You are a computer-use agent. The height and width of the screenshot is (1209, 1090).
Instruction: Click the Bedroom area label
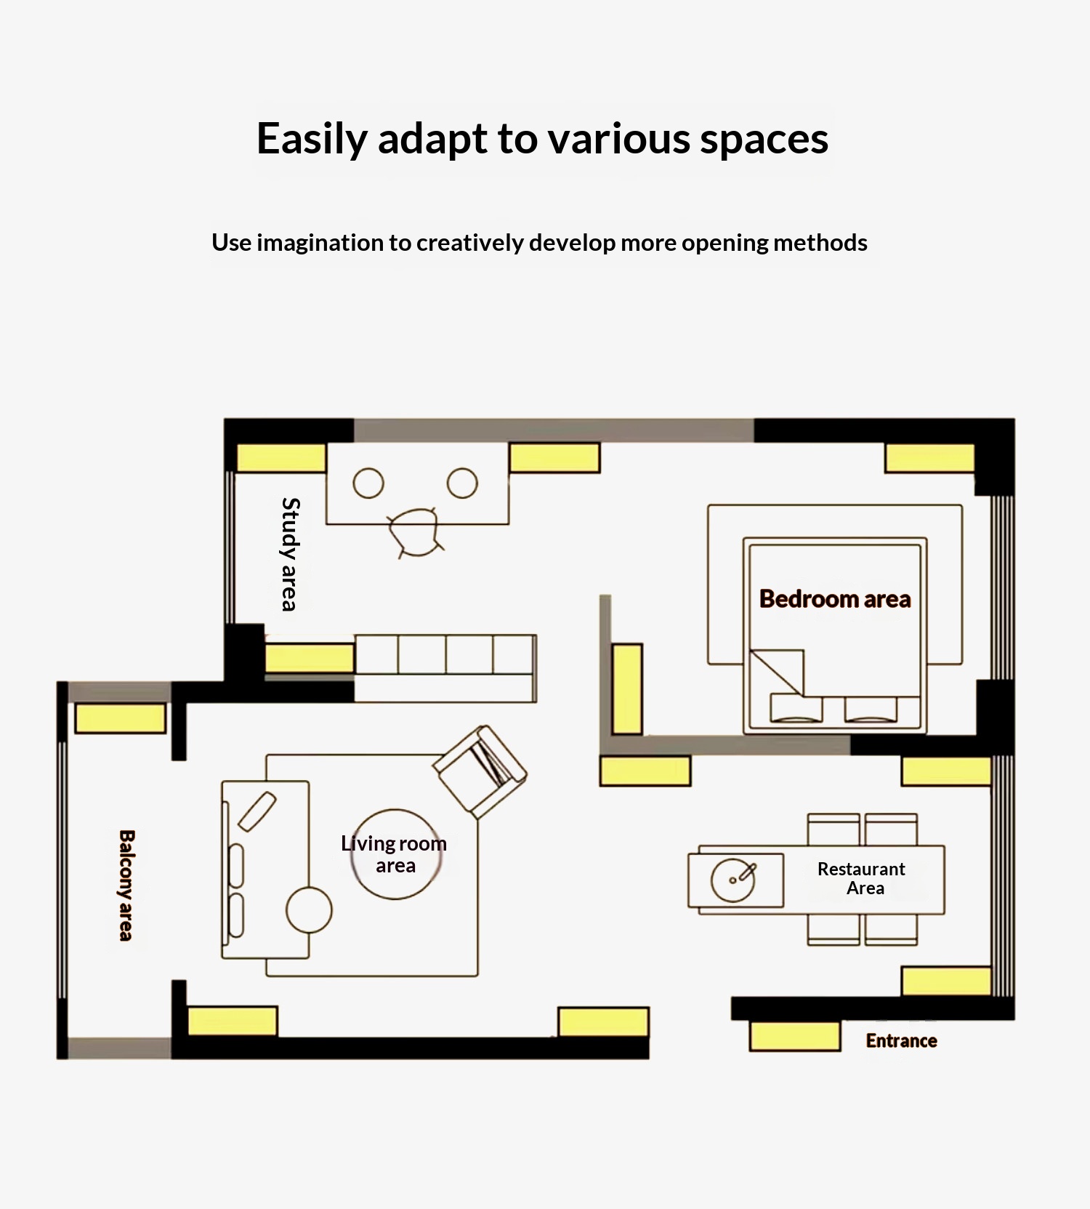pyautogui.click(x=835, y=599)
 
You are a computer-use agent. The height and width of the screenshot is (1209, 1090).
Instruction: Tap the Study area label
pyautogui.click(x=291, y=554)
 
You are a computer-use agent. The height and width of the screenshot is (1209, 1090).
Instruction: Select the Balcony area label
pyautogui.click(x=126, y=885)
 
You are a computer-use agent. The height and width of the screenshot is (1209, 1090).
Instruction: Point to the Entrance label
pyautogui.click(x=901, y=1041)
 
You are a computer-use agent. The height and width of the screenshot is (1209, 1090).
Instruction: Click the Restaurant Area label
pyautogui.click(x=862, y=878)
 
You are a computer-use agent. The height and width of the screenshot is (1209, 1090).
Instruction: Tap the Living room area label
pyautogui.click(x=394, y=854)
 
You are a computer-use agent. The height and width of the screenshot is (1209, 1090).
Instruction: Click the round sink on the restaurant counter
pyautogui.click(x=733, y=880)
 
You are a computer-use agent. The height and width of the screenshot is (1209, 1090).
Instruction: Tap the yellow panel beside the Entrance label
pyautogui.click(x=795, y=1036)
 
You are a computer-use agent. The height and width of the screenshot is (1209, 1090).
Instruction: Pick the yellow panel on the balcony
pyautogui.click(x=121, y=718)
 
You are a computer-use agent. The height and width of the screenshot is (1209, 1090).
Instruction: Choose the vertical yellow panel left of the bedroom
pyautogui.click(x=627, y=689)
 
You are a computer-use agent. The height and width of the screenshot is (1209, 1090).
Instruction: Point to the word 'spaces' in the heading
pyautogui.click(x=764, y=139)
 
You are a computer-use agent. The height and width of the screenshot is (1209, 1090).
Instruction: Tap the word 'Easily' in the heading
pyautogui.click(x=312, y=139)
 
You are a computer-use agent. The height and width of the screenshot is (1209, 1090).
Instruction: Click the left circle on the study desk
pyautogui.click(x=368, y=483)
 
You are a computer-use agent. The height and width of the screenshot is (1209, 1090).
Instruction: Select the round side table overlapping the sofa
pyautogui.click(x=309, y=910)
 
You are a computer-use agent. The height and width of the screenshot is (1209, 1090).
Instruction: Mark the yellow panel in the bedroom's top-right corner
pyautogui.click(x=929, y=459)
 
